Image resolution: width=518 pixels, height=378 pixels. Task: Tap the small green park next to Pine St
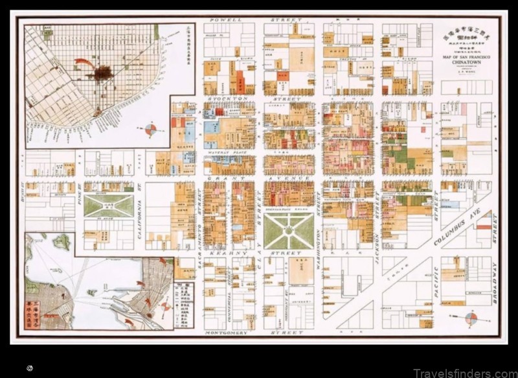(x=108, y=206)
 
